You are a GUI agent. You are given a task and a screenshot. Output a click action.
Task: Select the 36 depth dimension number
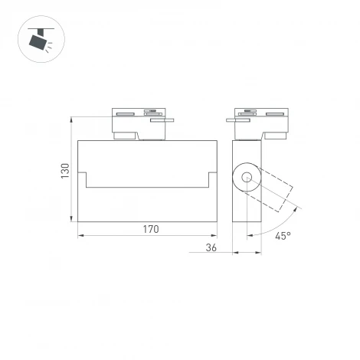(211, 248)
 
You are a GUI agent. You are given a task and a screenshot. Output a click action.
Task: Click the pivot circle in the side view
(247, 178)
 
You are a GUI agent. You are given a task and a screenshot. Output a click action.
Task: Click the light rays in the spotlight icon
(50, 48)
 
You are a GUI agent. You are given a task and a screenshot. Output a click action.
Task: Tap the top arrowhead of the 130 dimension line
(73, 120)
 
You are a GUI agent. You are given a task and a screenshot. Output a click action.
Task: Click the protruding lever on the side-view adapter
(236, 119)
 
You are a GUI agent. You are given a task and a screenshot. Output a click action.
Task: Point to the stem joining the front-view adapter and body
(149, 136)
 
